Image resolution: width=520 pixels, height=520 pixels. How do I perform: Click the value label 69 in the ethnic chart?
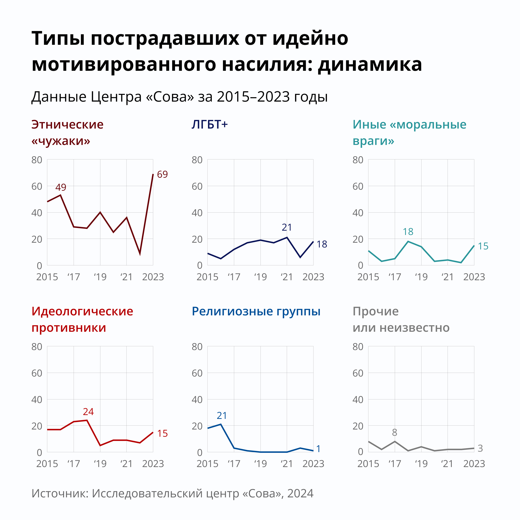(x=162, y=174)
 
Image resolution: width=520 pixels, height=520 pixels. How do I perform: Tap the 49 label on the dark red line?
(x=61, y=187)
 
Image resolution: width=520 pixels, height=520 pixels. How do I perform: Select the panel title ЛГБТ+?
(x=210, y=125)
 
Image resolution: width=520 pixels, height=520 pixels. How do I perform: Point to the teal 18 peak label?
(x=408, y=231)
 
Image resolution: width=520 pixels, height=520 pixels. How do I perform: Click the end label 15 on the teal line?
(x=483, y=246)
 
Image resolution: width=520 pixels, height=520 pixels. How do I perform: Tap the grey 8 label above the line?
(x=395, y=433)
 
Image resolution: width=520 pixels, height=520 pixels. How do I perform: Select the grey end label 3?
(x=480, y=448)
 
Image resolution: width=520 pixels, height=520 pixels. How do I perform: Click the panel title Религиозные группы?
(x=256, y=312)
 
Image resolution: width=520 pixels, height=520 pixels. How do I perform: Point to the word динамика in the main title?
(x=370, y=65)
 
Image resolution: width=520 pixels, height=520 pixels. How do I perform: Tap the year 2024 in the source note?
(x=300, y=493)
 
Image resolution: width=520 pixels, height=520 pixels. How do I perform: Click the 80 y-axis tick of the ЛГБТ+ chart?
(x=197, y=160)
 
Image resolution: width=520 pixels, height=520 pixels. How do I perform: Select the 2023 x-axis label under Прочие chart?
(x=474, y=464)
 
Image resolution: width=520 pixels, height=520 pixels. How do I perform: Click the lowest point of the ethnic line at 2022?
(x=140, y=254)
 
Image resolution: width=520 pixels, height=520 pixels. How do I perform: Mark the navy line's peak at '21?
(x=287, y=237)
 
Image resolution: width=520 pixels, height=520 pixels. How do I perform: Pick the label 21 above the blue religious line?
(x=222, y=416)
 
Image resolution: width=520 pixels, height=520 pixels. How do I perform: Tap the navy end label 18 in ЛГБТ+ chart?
(x=322, y=244)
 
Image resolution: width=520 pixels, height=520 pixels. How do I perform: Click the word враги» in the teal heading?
(x=373, y=141)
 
